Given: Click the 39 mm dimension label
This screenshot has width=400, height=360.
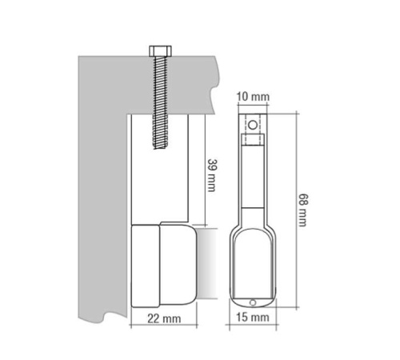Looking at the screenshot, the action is click(x=211, y=175).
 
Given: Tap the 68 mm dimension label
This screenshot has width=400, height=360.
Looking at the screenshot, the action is click(x=302, y=210).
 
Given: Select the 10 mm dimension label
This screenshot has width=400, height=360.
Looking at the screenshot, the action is click(x=253, y=97).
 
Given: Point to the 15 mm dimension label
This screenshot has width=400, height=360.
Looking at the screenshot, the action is click(x=253, y=318).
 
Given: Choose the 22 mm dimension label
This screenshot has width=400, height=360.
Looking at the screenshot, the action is click(x=164, y=318).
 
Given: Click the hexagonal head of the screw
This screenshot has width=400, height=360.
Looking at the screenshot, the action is click(x=160, y=51).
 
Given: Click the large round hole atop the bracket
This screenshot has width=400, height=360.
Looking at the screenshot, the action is click(x=252, y=125).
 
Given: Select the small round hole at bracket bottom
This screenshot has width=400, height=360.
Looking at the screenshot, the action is click(x=253, y=302).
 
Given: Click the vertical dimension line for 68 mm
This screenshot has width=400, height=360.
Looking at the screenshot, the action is click(x=297, y=210).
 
